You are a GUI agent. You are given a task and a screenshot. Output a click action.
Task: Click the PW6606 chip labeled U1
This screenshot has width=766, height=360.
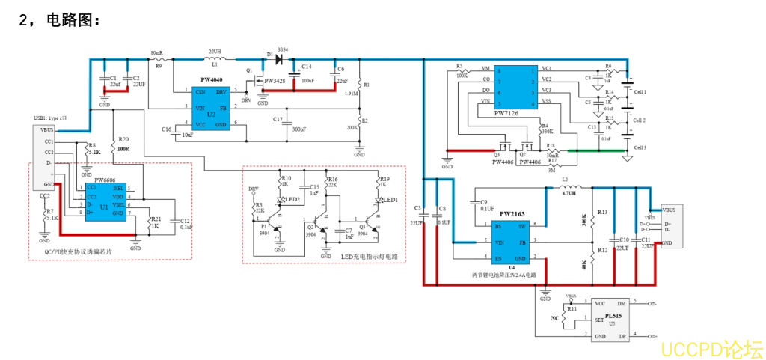[x=105, y=200]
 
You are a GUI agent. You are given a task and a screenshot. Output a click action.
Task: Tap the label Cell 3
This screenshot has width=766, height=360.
[x=640, y=147]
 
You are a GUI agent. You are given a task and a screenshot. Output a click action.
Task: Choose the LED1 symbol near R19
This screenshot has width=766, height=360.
[x=381, y=200]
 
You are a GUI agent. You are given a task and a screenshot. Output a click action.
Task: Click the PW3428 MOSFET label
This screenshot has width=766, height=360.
[x=273, y=80]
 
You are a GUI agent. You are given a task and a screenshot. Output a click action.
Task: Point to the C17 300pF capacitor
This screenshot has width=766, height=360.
[x=288, y=123]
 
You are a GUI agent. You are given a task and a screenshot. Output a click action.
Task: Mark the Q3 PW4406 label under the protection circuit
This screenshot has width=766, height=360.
[x=500, y=159]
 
